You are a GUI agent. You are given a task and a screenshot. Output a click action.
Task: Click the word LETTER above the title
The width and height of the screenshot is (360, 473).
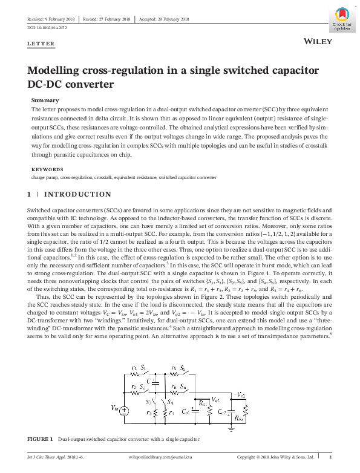click(41, 44)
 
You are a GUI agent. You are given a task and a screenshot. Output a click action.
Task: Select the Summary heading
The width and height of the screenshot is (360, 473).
click(45, 100)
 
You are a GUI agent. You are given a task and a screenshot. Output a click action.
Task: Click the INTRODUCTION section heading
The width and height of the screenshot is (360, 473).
click(77, 194)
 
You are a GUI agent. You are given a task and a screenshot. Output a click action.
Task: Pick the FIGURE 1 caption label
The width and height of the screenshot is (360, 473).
click(41, 439)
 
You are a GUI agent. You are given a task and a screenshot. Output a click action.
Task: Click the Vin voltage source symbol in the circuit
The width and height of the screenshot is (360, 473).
click(124, 411)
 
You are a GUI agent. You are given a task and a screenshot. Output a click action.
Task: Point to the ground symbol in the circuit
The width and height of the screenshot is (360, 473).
click(231, 428)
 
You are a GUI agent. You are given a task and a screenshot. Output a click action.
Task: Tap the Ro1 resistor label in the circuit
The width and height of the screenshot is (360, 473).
click(202, 403)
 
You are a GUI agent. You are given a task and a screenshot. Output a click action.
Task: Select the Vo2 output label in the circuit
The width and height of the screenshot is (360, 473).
click(241, 394)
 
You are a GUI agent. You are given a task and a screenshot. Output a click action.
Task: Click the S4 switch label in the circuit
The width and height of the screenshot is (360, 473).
click(170, 402)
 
